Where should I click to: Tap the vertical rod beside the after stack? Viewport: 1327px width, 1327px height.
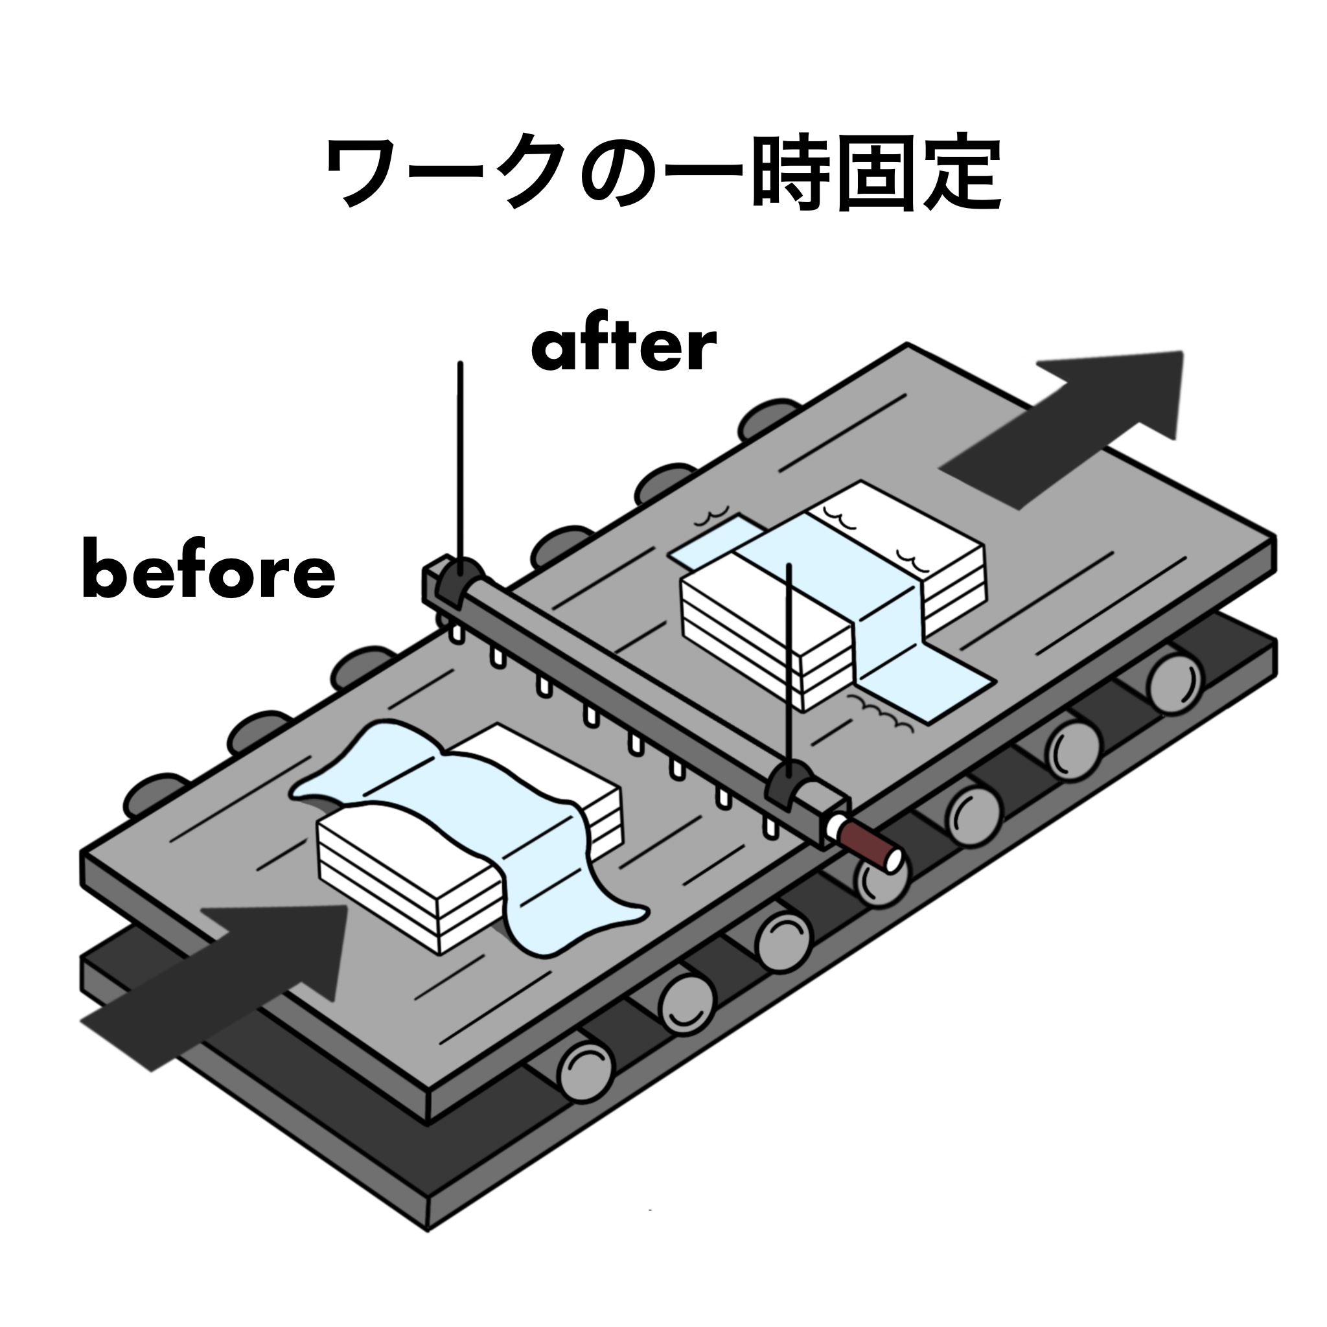pos(790,660)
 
